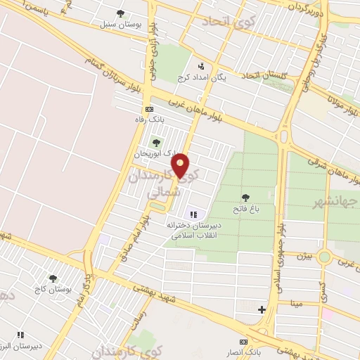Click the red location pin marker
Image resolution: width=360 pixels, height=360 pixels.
[x=181, y=166]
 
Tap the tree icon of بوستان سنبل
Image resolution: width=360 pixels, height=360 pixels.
[x=120, y=13]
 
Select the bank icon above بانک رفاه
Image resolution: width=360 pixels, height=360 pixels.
[x=148, y=109]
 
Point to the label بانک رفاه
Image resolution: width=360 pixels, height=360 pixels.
[x=148, y=120]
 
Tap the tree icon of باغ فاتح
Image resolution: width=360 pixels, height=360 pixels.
[x=245, y=198]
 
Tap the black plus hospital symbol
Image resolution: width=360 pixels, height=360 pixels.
[x=262, y=309]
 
